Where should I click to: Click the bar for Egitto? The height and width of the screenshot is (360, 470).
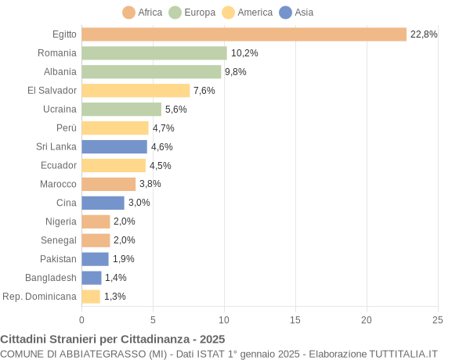click(x=244, y=34)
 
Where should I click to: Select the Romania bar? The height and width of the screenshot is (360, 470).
click(x=154, y=53)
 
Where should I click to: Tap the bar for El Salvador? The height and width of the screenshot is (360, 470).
click(x=136, y=91)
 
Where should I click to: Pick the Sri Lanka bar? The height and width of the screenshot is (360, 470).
click(x=114, y=146)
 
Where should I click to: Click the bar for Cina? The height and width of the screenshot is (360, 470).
click(x=103, y=203)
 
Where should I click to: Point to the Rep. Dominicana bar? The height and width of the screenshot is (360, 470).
click(x=91, y=297)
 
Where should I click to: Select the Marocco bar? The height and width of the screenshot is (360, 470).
click(x=109, y=184)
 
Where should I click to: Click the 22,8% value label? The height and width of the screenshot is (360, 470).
click(x=424, y=34)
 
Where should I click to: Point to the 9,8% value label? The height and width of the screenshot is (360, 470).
click(x=236, y=72)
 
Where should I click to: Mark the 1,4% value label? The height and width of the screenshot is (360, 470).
click(x=116, y=278)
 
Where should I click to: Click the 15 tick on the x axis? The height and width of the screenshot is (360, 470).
click(x=295, y=319)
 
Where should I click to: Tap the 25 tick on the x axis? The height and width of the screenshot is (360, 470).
click(x=438, y=319)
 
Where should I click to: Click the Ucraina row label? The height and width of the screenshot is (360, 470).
click(x=60, y=110)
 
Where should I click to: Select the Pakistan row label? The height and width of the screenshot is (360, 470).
click(x=59, y=259)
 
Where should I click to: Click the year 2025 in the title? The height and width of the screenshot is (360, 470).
click(x=211, y=340)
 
